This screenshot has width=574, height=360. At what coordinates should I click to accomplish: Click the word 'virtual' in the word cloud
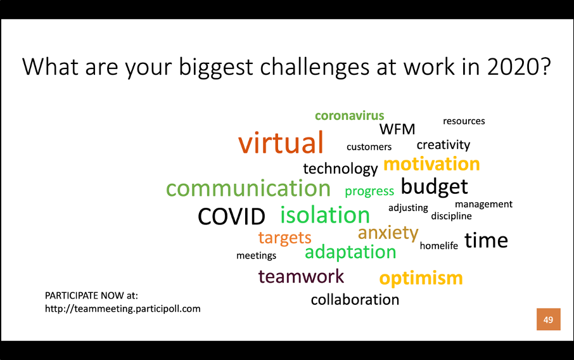(x=281, y=143)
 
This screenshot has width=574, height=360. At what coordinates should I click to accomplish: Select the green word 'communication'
(x=248, y=188)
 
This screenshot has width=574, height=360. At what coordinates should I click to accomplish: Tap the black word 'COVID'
(x=231, y=216)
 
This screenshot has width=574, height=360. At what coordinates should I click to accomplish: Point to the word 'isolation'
(x=325, y=215)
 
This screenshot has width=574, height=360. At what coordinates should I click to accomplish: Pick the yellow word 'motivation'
(x=431, y=164)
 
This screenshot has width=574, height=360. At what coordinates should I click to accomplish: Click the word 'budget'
(x=434, y=187)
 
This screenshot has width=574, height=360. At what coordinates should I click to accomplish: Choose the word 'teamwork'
(x=301, y=276)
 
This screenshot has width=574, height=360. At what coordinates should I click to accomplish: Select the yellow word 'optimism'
(x=421, y=278)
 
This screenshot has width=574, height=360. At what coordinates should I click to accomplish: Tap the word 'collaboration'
(x=355, y=300)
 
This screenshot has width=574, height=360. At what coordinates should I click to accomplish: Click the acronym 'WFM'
(x=397, y=129)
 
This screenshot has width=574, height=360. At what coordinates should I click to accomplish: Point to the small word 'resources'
(x=464, y=121)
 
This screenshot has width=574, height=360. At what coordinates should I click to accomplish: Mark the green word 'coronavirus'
(x=350, y=116)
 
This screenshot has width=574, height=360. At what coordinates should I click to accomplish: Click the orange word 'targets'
(x=285, y=238)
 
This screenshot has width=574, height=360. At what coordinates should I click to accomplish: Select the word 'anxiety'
(x=388, y=233)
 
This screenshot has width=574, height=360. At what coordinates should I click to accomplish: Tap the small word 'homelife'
(x=439, y=245)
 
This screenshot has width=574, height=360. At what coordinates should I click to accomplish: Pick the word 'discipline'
(x=451, y=216)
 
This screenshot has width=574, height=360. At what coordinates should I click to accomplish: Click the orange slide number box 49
(x=549, y=319)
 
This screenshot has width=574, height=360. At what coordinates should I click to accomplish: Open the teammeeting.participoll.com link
(x=123, y=309)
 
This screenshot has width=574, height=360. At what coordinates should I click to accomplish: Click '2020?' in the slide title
(x=519, y=67)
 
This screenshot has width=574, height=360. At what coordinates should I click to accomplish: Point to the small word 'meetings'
(x=256, y=255)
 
